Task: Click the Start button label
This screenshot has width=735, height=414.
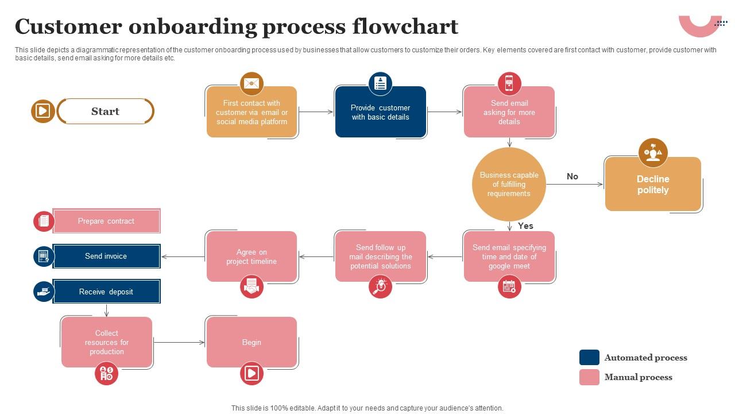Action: tap(105, 112)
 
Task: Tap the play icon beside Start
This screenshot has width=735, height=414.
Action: tap(42, 111)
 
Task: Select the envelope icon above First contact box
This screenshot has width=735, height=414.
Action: tap(252, 84)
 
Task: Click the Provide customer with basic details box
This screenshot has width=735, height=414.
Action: tap(380, 112)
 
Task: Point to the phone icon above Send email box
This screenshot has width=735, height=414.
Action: tap(509, 84)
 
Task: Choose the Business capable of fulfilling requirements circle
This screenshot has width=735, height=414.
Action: tap(509, 184)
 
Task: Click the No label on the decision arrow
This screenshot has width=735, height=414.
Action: tap(572, 177)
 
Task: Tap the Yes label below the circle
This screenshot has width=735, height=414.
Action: tap(525, 226)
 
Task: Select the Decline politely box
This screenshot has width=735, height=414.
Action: tap(653, 184)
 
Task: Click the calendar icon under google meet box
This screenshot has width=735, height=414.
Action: tap(509, 287)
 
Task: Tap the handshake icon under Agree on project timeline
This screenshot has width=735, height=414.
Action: tap(252, 287)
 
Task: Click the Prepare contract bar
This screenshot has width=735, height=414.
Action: tap(106, 221)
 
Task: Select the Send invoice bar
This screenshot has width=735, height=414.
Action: tap(106, 256)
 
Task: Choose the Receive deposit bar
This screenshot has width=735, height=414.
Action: tap(106, 292)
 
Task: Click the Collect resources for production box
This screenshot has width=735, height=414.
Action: tap(107, 342)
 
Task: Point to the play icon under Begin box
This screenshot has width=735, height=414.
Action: tap(252, 374)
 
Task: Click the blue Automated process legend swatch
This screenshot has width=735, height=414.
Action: tap(589, 358)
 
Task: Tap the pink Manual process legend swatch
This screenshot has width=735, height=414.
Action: tap(589, 377)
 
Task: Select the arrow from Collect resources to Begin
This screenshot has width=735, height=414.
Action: tap(179, 343)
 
